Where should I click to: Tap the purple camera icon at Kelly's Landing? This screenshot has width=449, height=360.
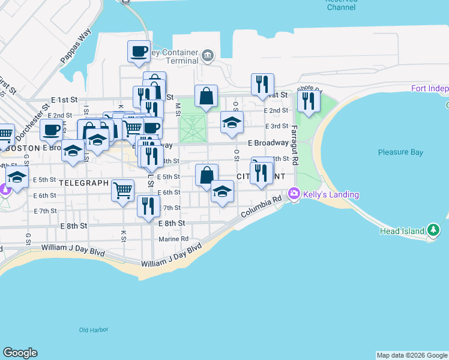coord(294,194)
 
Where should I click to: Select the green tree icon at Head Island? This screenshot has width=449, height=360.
coord(433,230)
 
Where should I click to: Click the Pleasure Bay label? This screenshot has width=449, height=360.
coord(400,152)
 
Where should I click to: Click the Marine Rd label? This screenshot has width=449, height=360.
coord(173,239)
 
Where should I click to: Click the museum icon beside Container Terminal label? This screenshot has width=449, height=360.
coord(207,56)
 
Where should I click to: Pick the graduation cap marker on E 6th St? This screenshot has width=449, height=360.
coord(222,191)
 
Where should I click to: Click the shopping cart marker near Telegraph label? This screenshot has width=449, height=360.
coord(122,190)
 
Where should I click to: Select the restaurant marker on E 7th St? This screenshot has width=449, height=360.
coord(148,205)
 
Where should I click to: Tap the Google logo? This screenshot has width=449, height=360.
coord(20,353)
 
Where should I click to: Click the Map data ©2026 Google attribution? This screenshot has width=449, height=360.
coord(412,355)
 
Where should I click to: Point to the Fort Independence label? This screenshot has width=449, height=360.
coord(429,89)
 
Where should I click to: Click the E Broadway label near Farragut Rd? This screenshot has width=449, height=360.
coord(268,143)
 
